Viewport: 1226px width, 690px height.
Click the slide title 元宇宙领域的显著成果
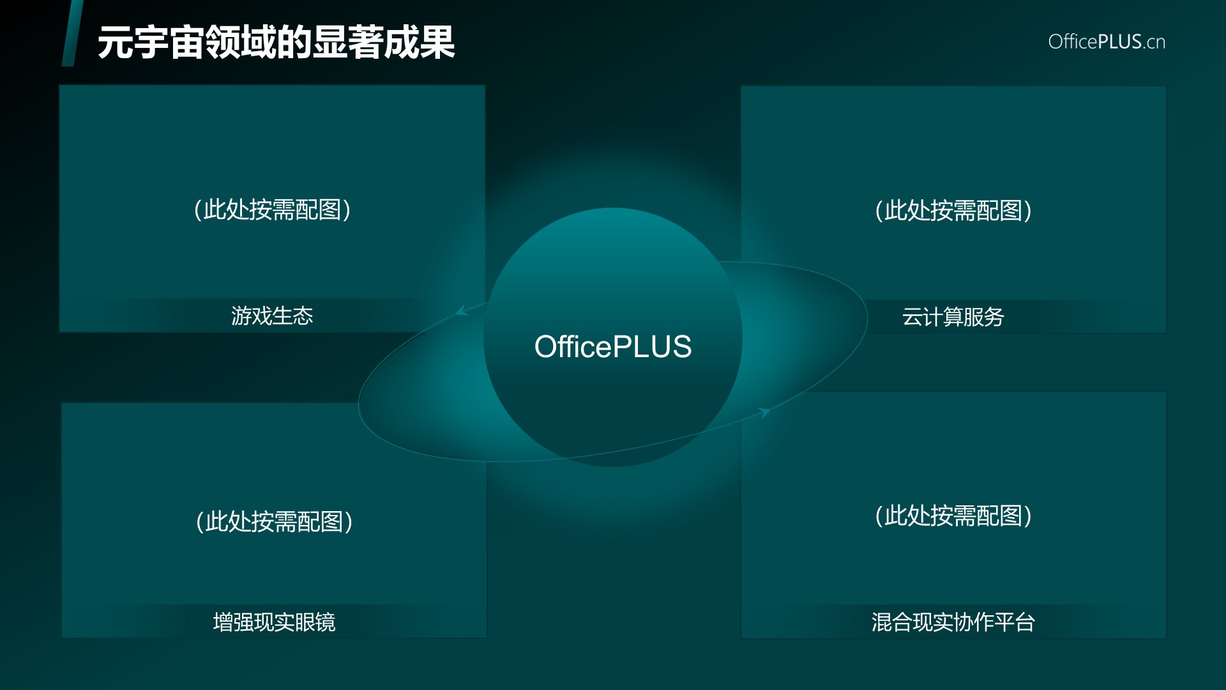coord(276,43)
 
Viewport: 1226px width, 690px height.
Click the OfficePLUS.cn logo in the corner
coord(1107,42)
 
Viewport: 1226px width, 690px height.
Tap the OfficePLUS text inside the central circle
coord(613,347)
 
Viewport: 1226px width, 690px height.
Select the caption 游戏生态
coord(272,316)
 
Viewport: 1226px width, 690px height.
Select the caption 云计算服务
coord(953,317)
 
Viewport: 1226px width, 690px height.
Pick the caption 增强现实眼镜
coord(274,622)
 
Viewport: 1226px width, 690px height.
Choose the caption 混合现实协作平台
coord(953,622)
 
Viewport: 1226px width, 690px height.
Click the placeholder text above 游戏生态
coord(272,210)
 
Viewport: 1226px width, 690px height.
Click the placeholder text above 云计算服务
coord(953,210)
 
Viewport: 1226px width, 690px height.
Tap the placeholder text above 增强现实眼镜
coord(274,521)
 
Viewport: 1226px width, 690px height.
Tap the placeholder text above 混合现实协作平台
coord(953,516)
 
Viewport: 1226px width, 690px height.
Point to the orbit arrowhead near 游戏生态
coord(461,311)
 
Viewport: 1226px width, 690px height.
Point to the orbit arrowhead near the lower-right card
coord(764,412)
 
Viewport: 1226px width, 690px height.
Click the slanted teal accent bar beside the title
coord(72,33)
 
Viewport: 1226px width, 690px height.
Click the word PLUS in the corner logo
coord(1120,42)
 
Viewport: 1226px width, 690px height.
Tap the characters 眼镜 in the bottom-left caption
coord(315,622)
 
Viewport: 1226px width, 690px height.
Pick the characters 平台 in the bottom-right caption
coord(1015,622)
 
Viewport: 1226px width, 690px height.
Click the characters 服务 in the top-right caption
coord(985,317)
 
